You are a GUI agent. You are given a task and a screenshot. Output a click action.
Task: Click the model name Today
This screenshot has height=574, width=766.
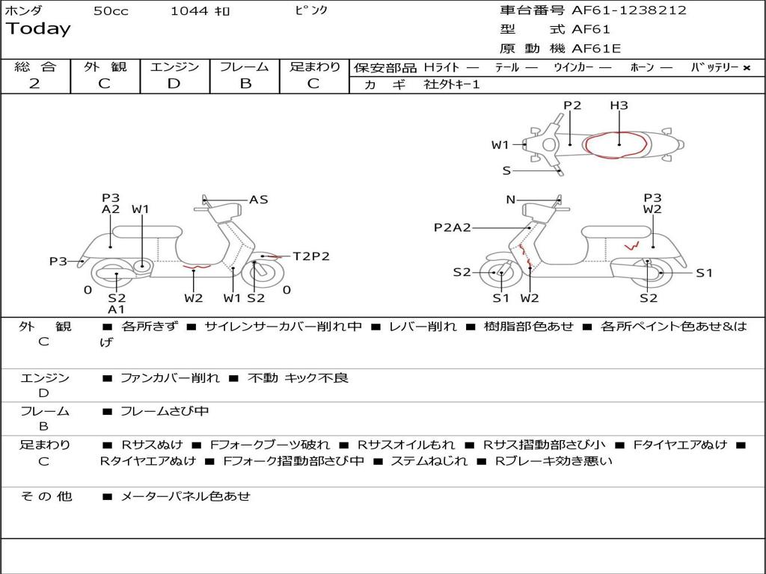pyautogui.click(x=38, y=29)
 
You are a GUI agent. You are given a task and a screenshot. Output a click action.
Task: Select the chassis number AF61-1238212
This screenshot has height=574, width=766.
pyautogui.click(x=628, y=10)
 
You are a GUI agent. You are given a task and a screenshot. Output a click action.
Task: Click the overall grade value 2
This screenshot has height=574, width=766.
pyautogui.click(x=34, y=84)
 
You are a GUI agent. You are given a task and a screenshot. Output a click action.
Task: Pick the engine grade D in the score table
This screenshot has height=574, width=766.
pyautogui.click(x=174, y=84)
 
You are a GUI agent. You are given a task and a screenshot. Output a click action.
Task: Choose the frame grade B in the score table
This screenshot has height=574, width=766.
pyautogui.click(x=245, y=84)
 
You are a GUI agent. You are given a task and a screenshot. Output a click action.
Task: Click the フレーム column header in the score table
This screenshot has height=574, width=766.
pyautogui.click(x=245, y=67)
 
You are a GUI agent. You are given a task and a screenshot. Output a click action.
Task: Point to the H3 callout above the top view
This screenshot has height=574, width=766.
pyautogui.click(x=619, y=105)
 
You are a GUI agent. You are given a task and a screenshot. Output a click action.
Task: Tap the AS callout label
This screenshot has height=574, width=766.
pyautogui.click(x=259, y=200)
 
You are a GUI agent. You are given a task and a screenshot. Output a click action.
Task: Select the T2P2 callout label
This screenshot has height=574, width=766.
pyautogui.click(x=310, y=256)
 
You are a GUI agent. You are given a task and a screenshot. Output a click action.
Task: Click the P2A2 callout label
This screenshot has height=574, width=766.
pyautogui.click(x=453, y=227)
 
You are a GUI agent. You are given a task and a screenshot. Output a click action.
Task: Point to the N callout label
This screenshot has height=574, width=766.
pyautogui.click(x=511, y=200)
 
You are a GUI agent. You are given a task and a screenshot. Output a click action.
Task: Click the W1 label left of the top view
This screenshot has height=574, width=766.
pyautogui.click(x=500, y=145)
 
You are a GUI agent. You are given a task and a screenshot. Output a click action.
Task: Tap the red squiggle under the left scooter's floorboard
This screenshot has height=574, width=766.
pyautogui.click(x=197, y=266)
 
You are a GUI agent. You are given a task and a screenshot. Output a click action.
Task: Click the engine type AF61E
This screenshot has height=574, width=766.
pyautogui.click(x=596, y=49)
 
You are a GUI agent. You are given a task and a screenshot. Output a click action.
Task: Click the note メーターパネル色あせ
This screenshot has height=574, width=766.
pyautogui.click(x=186, y=496)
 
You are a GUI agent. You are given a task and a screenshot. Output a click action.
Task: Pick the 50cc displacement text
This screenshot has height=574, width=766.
pyautogui.click(x=111, y=11)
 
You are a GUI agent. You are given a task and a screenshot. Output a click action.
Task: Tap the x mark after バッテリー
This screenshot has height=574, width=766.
pyautogui.click(x=746, y=68)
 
